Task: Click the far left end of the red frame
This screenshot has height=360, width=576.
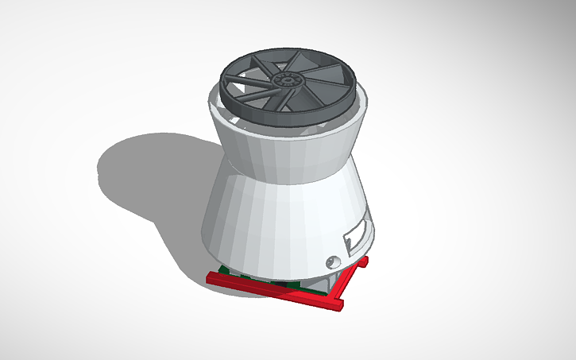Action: (211, 277)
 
